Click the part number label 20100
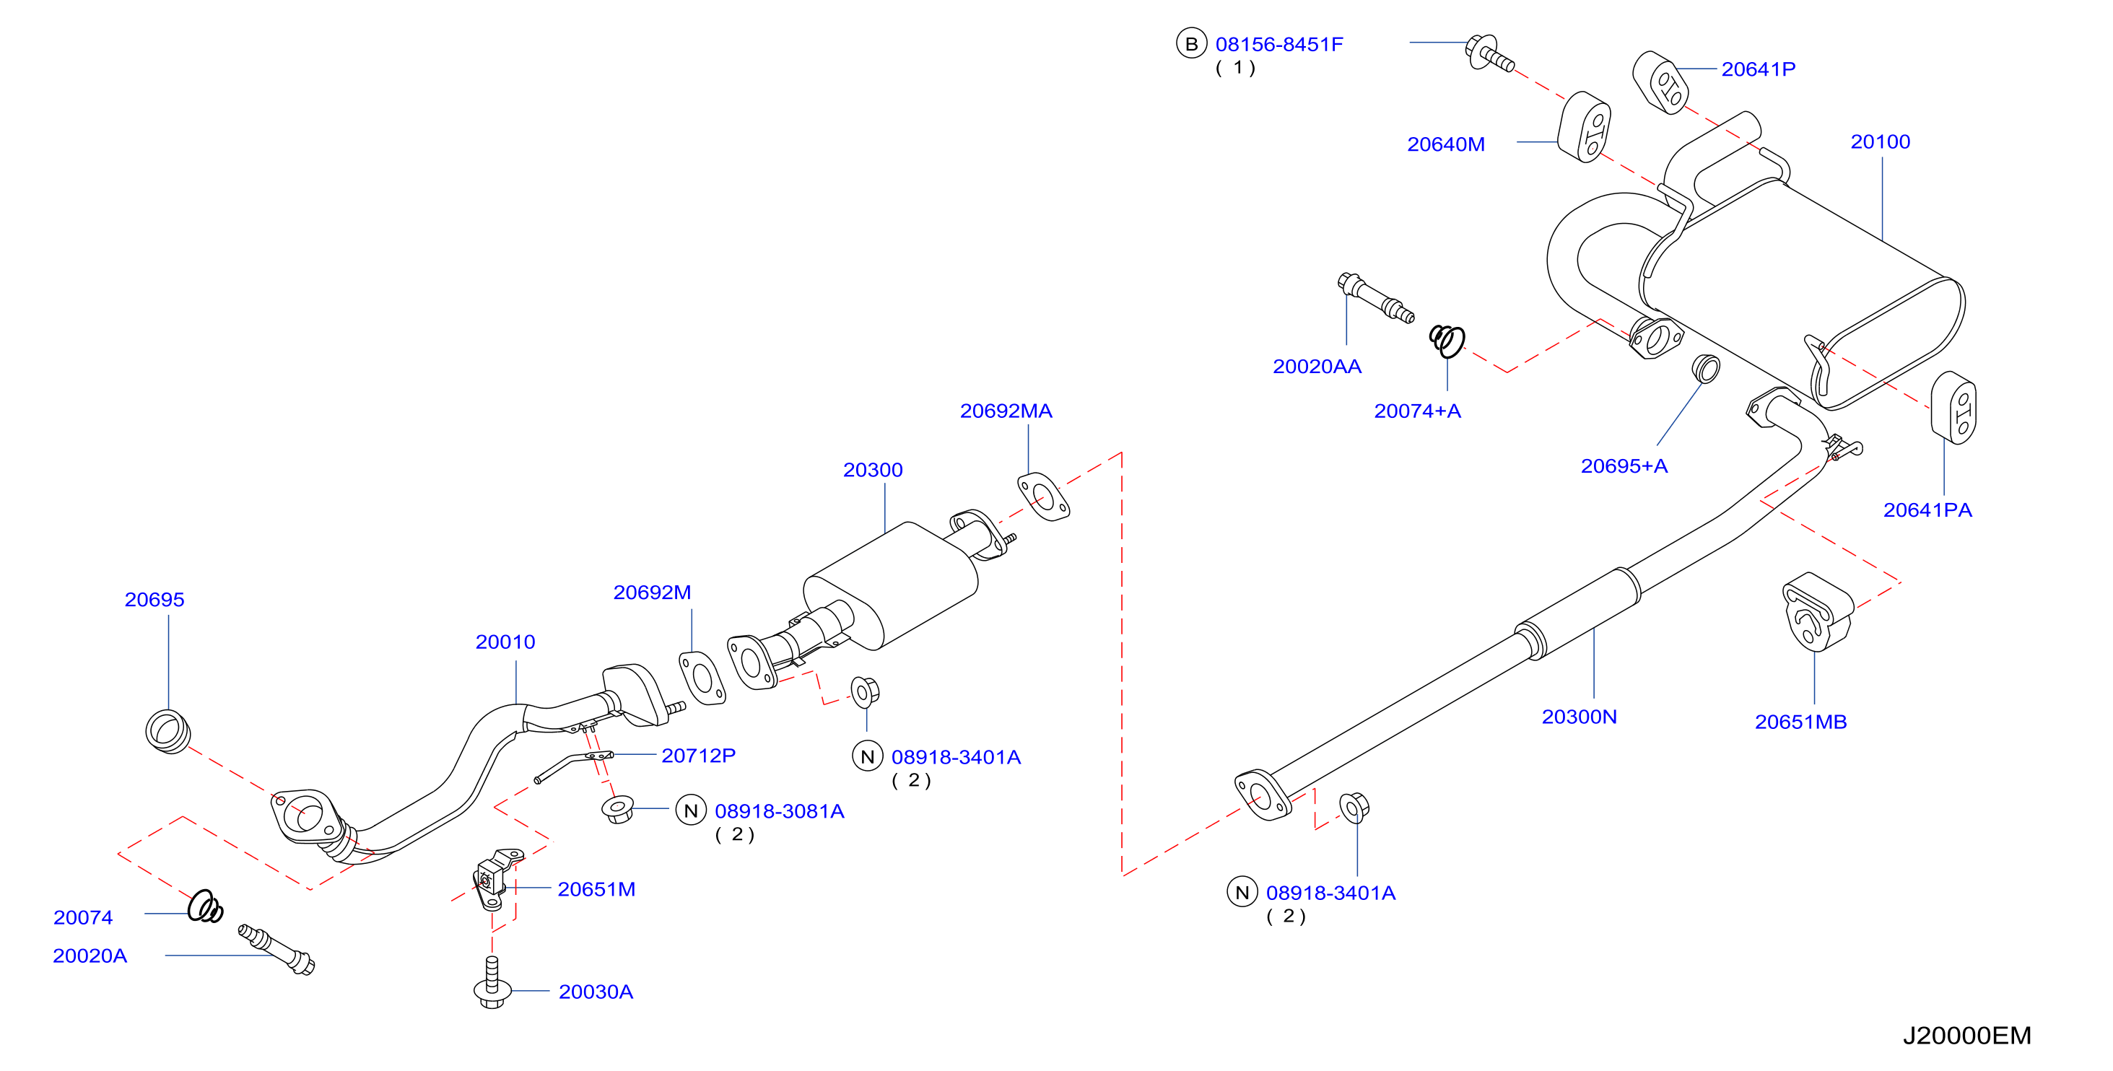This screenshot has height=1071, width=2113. click(x=1880, y=142)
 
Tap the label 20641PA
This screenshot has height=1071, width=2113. click(x=1927, y=510)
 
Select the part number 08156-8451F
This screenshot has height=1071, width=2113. click(x=1278, y=44)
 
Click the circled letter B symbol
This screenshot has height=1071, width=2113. click(x=1191, y=43)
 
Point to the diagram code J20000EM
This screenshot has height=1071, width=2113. click(x=1966, y=1036)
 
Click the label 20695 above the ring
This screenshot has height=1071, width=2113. click(x=154, y=600)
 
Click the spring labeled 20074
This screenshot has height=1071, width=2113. click(x=205, y=906)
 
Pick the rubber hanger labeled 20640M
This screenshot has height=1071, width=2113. click(x=1583, y=127)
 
